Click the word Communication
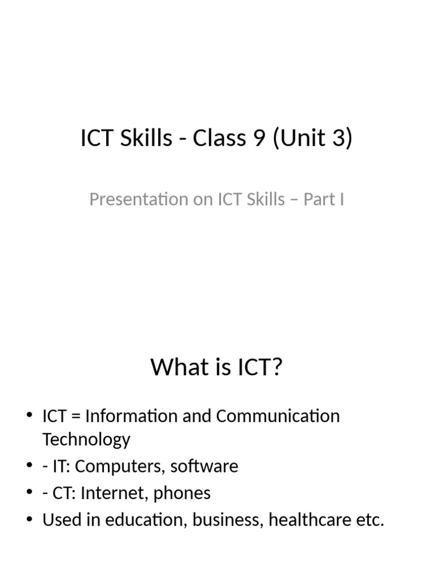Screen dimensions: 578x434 tap(278, 417)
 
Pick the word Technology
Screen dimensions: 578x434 tap(86, 440)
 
